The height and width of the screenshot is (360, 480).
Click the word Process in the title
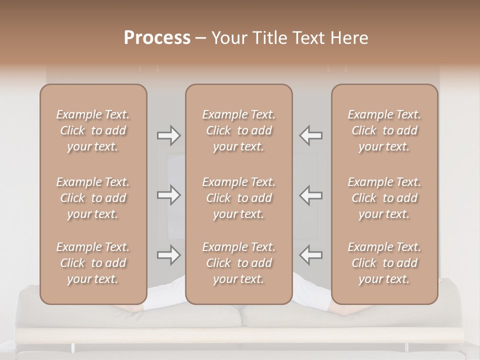click(x=157, y=38)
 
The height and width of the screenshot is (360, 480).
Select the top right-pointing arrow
click(x=168, y=135)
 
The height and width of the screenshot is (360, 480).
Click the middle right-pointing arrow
click(x=168, y=195)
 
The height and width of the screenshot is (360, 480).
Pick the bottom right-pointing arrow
click(x=168, y=255)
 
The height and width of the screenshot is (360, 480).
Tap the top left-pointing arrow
click(x=311, y=135)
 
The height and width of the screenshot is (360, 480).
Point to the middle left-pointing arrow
click(x=311, y=195)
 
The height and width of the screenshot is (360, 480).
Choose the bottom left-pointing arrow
click(x=311, y=255)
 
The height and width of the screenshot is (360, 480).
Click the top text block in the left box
click(x=93, y=130)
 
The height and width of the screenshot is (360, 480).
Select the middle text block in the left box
click(x=93, y=198)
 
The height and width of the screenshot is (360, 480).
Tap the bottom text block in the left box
click(x=93, y=263)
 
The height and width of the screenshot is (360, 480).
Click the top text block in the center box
click(x=239, y=130)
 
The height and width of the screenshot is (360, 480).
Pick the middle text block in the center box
click(x=239, y=198)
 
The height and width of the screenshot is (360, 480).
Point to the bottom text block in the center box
click(x=239, y=263)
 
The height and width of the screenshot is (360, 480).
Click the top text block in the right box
click(x=384, y=130)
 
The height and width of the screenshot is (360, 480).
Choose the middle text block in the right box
click(x=384, y=198)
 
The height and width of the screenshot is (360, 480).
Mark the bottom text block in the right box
click(x=384, y=263)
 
